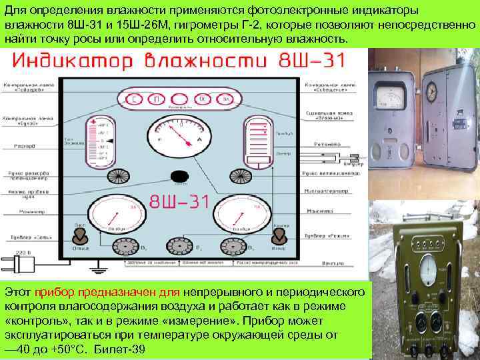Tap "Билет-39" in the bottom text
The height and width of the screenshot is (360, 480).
pyautogui.click(x=119, y=350)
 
